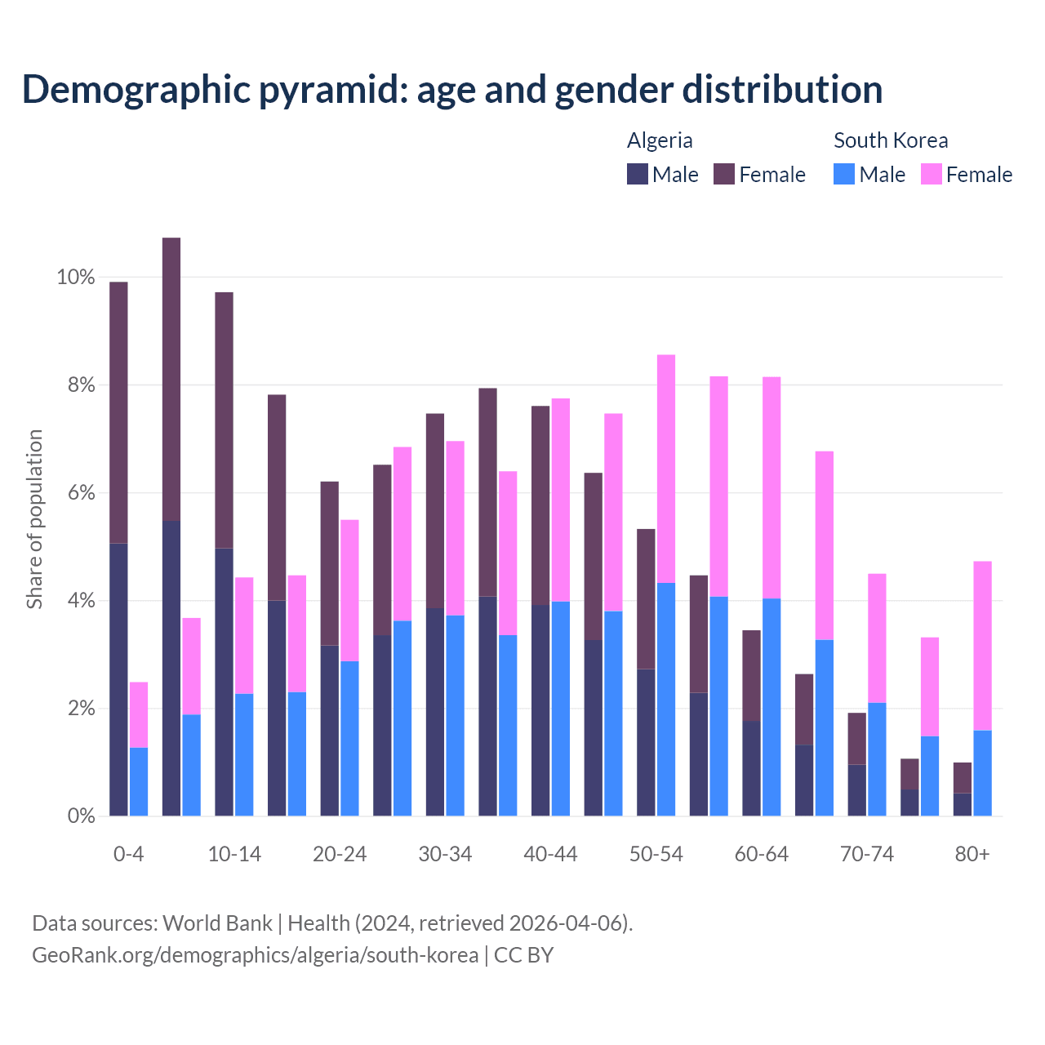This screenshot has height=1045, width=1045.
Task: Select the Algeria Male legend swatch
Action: pyautogui.click(x=638, y=174)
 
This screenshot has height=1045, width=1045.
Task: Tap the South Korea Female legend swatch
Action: pyautogui.click(x=931, y=174)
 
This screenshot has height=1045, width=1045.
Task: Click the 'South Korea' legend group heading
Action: pyautogui.click(x=891, y=140)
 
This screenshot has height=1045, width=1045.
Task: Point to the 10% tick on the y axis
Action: pyautogui.click(x=75, y=278)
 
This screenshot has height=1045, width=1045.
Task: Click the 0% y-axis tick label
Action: pyautogui.click(x=81, y=816)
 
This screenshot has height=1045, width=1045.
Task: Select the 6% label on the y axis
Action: pyautogui.click(x=81, y=493)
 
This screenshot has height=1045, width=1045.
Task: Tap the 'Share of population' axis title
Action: pyautogui.click(x=34, y=519)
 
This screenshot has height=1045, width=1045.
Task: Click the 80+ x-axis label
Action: pyautogui.click(x=972, y=854)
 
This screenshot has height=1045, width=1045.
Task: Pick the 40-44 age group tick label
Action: pyautogui.click(x=550, y=854)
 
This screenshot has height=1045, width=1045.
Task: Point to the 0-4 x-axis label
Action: pyautogui.click(x=128, y=854)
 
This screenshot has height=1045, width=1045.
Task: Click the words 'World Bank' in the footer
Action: pyautogui.click(x=217, y=923)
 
